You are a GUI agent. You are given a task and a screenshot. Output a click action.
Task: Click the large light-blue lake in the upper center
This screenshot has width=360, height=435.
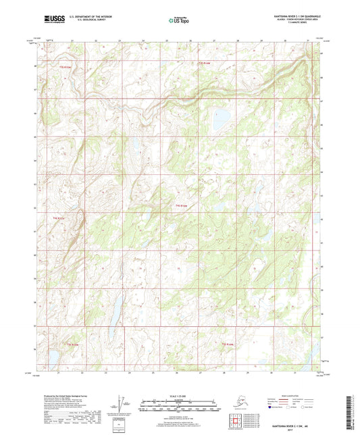click(220, 120)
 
